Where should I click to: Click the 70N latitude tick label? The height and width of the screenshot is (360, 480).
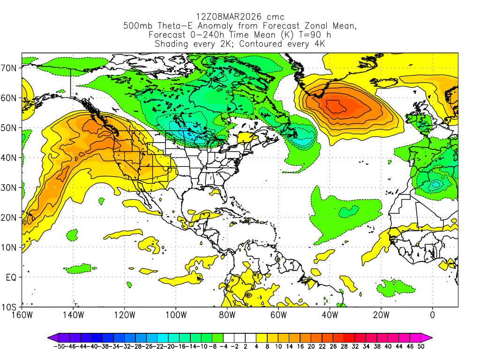(10, 68)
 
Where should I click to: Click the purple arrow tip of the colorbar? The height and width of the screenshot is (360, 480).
(50, 337)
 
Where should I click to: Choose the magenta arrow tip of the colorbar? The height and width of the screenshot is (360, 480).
(429, 337)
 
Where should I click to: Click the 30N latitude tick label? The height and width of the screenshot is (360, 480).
(10, 187)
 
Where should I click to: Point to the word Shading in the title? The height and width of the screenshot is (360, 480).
(172, 44)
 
